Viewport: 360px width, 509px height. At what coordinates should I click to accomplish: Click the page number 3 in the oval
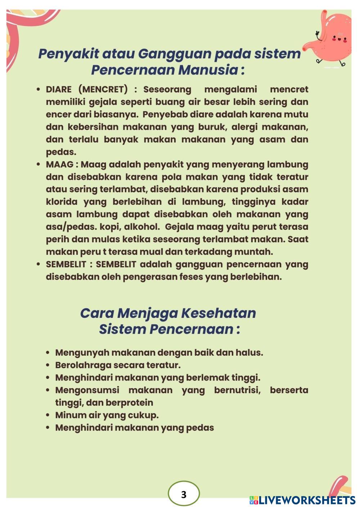184,494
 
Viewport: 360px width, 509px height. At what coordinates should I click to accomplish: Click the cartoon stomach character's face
339,38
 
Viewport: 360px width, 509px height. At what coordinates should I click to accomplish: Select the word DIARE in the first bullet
59,89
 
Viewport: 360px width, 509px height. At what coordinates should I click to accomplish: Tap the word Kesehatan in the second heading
218,313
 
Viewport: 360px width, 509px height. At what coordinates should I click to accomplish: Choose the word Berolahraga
83,365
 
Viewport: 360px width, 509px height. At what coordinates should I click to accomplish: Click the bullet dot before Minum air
48,415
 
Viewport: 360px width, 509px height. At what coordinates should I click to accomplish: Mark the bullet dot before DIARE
39,90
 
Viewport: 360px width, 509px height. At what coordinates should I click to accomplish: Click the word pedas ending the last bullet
200,428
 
